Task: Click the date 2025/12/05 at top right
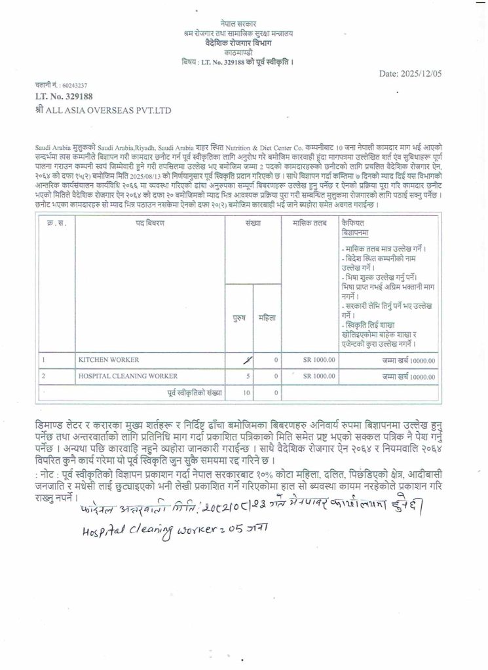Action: (x=411, y=73)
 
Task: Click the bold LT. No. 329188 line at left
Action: (x=62, y=96)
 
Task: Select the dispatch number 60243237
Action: (x=74, y=85)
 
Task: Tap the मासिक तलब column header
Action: (x=309, y=223)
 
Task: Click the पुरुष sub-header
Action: (x=239, y=318)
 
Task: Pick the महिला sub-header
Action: (x=267, y=318)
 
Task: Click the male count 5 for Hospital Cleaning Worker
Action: (x=248, y=376)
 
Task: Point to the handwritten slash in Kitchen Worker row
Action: (x=247, y=359)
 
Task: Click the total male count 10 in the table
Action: (x=246, y=393)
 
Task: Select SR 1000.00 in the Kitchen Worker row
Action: (x=319, y=360)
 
